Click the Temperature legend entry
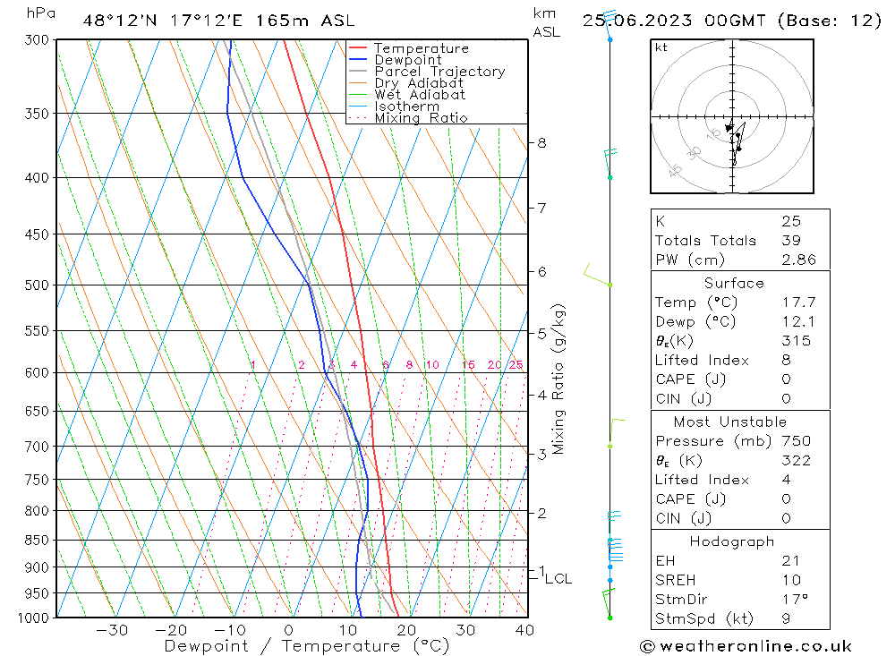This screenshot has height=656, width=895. (x=421, y=48)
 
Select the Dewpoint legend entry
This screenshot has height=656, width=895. (x=407, y=60)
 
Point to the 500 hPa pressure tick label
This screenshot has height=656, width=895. (x=36, y=285)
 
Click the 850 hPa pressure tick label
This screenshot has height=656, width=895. (x=36, y=540)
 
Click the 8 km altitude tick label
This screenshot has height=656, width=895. (x=542, y=142)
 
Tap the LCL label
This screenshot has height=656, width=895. (x=558, y=579)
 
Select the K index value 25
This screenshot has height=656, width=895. (x=791, y=221)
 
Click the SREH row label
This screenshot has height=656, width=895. (x=677, y=580)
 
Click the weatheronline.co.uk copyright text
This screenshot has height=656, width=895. (x=746, y=645)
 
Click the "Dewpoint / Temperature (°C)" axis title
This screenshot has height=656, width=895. (x=307, y=645)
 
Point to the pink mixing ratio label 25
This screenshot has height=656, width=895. (x=516, y=364)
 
